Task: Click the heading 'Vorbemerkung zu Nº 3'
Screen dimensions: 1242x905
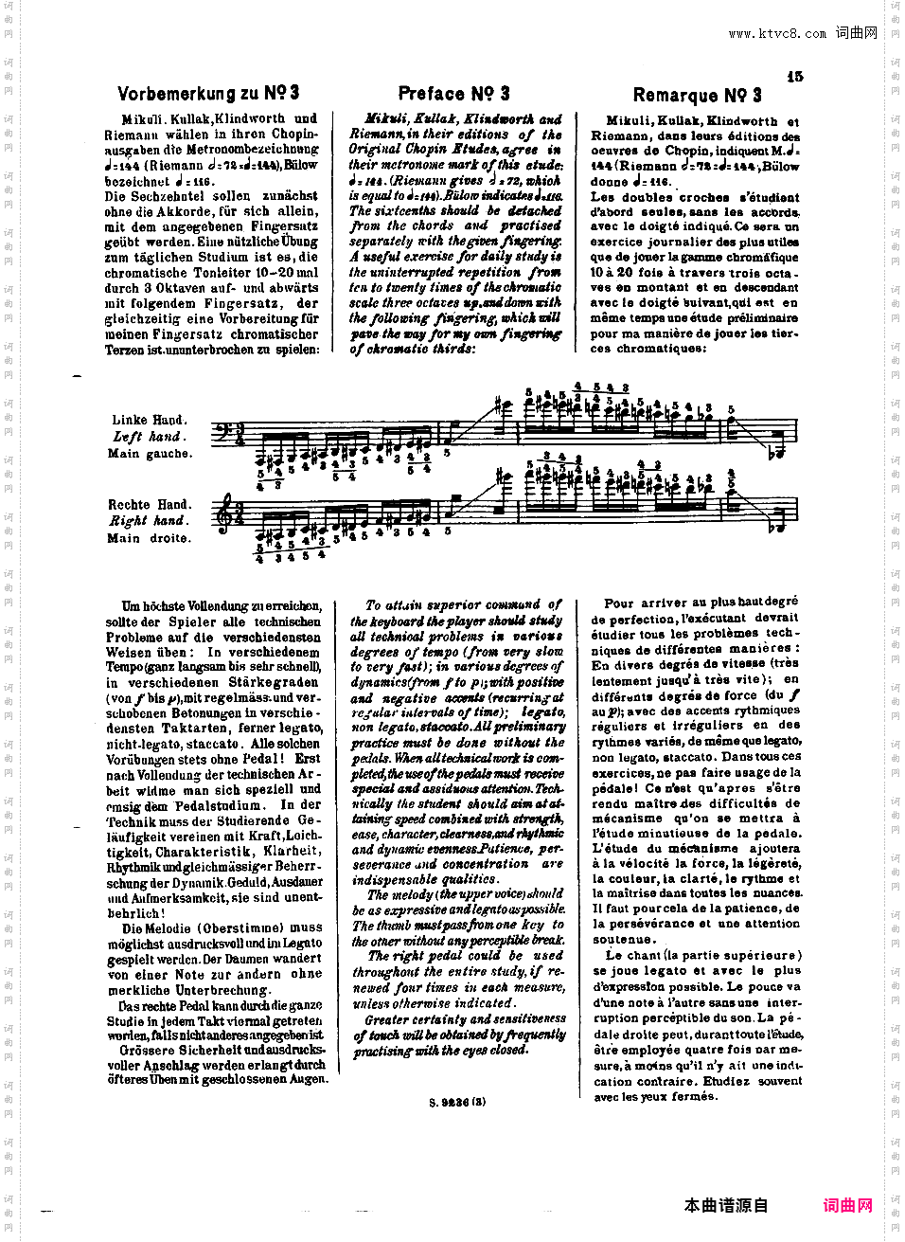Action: tap(208, 93)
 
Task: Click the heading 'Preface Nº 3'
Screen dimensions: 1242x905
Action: tap(453, 93)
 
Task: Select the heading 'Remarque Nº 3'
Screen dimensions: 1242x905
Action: tap(697, 95)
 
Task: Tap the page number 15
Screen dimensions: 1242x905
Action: tap(794, 76)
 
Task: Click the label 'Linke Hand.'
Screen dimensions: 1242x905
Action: tap(149, 420)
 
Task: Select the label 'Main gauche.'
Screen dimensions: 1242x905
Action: tap(150, 454)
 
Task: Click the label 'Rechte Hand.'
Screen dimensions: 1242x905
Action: tap(149, 505)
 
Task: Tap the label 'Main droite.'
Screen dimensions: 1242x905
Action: tap(149, 538)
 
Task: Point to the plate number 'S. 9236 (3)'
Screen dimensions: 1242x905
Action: tap(456, 1102)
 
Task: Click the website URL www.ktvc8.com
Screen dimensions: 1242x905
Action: tap(776, 34)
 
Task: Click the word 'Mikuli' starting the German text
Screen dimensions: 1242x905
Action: tap(143, 119)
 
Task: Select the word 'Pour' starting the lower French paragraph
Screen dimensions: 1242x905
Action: tap(619, 603)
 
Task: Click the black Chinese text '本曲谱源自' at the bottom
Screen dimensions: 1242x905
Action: tap(726, 1205)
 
